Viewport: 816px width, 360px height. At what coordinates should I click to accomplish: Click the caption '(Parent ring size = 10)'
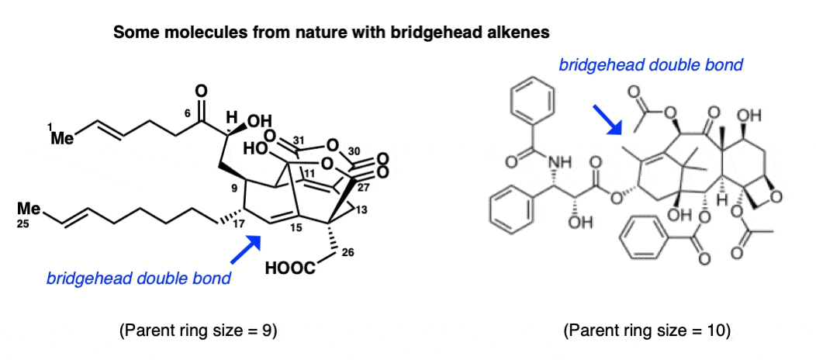[x=647, y=331]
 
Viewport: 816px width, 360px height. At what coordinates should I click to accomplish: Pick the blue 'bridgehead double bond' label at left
[x=138, y=279]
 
